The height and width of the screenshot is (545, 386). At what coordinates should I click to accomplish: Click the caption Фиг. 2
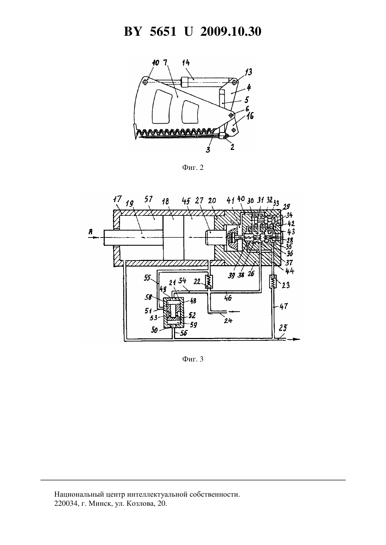tap(193, 168)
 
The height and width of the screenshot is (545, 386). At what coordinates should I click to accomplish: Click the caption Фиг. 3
tap(193, 359)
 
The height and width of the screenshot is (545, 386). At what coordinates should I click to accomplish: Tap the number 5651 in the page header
tap(163, 32)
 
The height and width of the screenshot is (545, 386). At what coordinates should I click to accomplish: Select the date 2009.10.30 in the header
tap(231, 32)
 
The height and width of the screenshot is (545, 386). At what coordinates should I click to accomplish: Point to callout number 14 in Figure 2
tap(186, 63)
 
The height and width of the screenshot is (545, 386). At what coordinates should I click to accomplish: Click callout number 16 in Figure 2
tap(250, 116)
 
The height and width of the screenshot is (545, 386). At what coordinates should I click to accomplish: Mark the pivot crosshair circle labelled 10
tap(145, 82)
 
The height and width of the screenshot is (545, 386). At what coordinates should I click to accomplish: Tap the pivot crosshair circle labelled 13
tap(234, 83)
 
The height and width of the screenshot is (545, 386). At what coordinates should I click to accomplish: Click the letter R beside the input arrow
tap(91, 232)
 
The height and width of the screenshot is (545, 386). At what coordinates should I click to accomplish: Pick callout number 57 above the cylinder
tap(148, 200)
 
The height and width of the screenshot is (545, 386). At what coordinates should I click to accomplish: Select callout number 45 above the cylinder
tap(186, 201)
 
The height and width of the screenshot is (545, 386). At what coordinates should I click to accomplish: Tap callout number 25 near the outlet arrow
tap(283, 328)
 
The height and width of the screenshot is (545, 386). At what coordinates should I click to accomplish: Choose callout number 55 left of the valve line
tap(147, 278)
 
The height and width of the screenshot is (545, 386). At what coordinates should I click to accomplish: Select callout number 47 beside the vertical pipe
tap(284, 306)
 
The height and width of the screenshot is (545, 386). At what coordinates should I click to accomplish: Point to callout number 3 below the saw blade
tap(208, 149)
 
